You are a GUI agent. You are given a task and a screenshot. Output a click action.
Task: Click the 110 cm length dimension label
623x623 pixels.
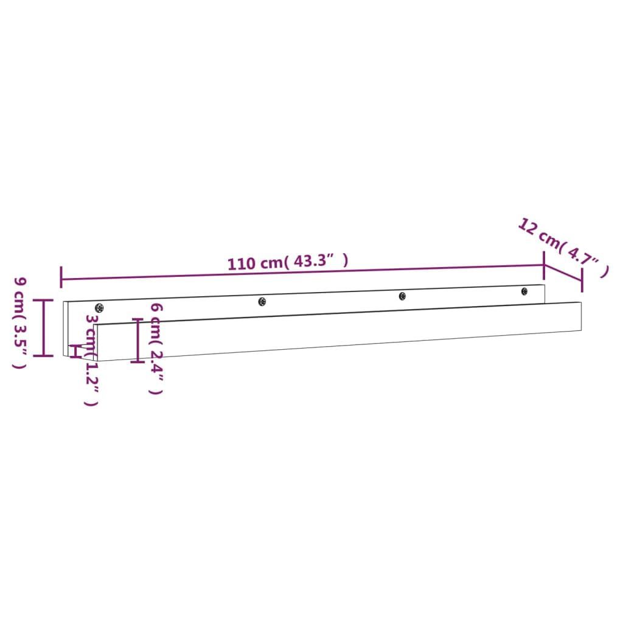pos(288,262)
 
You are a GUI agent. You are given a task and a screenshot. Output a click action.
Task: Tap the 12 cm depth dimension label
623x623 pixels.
pos(563,247)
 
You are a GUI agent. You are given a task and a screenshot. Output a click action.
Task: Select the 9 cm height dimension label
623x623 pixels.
pos(20,322)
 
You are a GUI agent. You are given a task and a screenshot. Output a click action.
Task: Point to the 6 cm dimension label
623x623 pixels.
pos(156,349)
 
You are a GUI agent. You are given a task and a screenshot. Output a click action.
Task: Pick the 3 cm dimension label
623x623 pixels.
pos(92,360)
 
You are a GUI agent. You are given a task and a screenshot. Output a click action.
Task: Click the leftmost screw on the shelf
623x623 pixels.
pos(99,307)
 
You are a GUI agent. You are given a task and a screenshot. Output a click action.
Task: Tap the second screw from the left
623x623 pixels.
pos(262,302)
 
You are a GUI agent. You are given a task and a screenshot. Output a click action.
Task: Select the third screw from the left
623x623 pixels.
pos(402,296)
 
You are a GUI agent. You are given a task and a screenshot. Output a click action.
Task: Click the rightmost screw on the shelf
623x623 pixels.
pos(524,291)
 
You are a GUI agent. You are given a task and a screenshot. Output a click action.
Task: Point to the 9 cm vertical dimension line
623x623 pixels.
pos(43,327)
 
